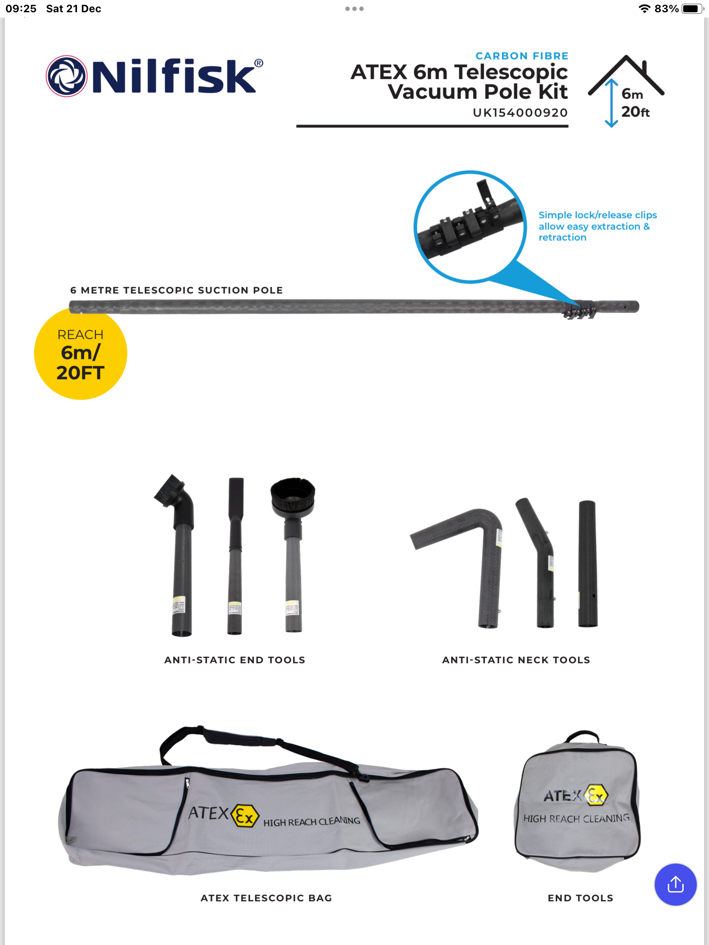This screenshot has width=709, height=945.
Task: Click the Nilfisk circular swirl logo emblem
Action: [67, 76]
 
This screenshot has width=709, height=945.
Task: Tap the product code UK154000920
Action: [520, 113]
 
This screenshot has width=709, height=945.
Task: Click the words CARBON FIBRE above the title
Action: [522, 56]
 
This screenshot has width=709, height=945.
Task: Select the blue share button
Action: [675, 884]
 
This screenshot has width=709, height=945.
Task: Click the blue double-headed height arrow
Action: [611, 103]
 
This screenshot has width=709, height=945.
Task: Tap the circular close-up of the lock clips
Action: [470, 227]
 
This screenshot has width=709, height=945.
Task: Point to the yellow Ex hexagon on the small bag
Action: [597, 794]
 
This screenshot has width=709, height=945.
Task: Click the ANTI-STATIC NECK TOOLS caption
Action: [516, 660]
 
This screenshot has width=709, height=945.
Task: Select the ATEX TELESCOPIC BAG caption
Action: [266, 898]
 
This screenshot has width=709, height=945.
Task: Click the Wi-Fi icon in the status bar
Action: [644, 9]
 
